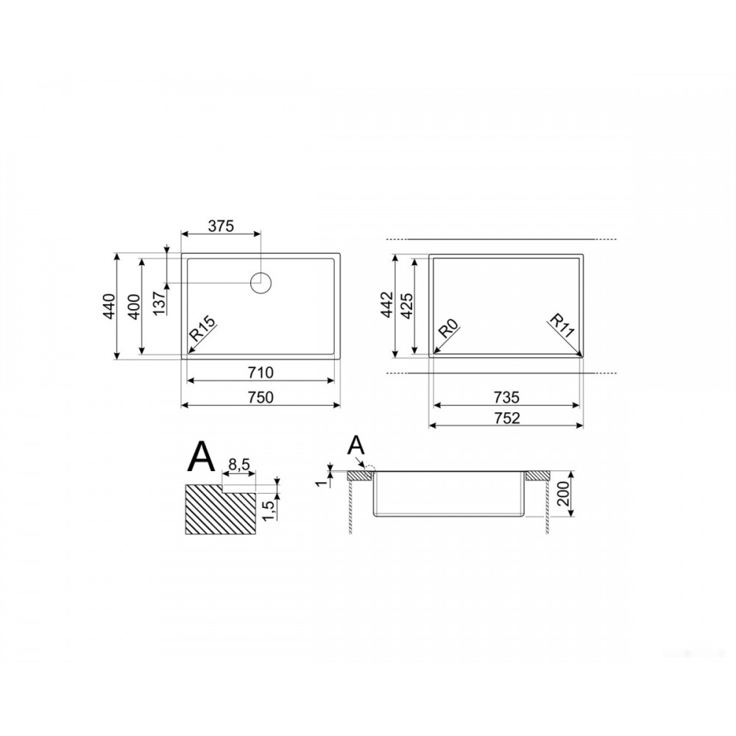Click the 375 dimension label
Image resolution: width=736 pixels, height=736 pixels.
[221, 226]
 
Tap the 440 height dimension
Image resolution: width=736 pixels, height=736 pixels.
[109, 306]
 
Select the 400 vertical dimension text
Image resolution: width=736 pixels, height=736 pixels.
[134, 306]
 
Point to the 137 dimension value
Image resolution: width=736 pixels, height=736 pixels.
[159, 302]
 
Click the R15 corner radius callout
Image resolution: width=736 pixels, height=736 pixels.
[202, 328]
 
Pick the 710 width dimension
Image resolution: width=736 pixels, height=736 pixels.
[260, 372]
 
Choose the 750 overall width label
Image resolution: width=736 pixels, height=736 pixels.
[260, 397]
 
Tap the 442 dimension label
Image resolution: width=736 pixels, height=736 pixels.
[387, 304]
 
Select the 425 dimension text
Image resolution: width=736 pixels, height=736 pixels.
[406, 305]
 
